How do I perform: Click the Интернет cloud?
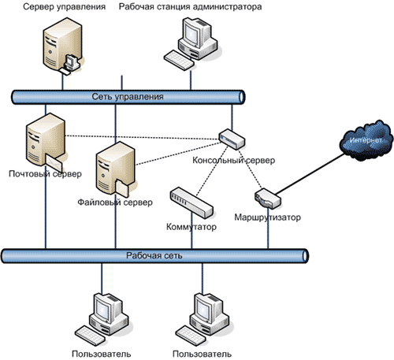[366, 140]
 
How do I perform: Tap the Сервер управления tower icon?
[62, 45]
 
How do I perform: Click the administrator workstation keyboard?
[179, 60]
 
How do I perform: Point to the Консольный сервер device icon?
[232, 139]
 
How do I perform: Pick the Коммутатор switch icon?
[191, 202]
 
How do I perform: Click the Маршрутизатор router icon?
[268, 199]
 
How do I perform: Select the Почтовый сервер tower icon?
[46, 142]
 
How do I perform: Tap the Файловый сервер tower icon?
[116, 169]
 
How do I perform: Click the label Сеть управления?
[128, 97]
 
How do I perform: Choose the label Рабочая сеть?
[154, 255]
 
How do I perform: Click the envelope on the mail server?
[54, 163]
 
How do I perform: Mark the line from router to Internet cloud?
[310, 174]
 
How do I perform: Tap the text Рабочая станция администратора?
[190, 6]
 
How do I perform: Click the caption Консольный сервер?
[234, 160]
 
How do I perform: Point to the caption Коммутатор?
[191, 227]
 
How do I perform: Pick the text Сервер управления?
[65, 6]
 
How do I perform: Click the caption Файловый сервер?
[115, 202]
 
